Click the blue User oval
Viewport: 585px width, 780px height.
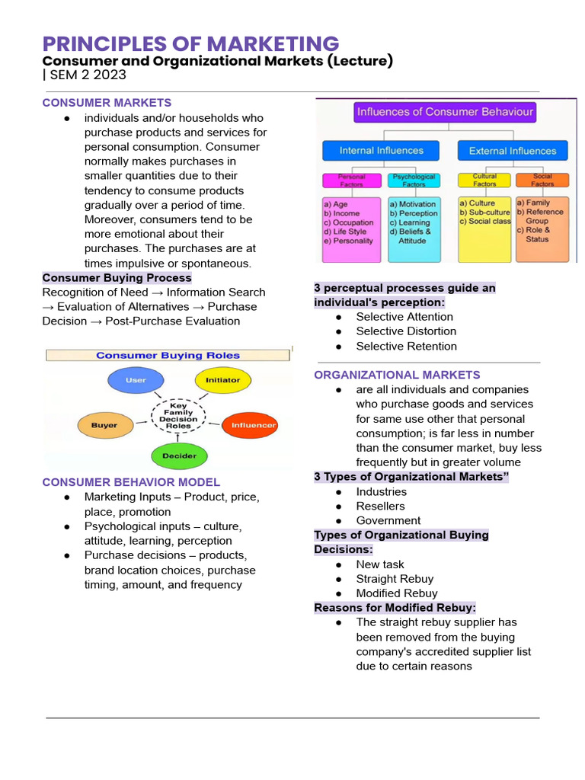click(136, 380)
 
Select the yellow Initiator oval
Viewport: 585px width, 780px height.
click(222, 380)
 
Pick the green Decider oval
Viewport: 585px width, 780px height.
click(179, 456)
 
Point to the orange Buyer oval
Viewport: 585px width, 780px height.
click(104, 425)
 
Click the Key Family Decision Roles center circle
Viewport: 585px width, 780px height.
click(178, 416)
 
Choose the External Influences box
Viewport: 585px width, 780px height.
click(512, 151)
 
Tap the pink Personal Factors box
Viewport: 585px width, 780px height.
click(351, 181)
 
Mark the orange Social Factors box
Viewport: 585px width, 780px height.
click(542, 181)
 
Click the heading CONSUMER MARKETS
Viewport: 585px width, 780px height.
click(107, 103)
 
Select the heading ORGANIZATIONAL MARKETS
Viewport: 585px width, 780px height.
click(397, 375)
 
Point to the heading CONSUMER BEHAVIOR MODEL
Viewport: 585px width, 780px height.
click(131, 482)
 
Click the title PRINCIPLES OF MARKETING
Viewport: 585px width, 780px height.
click(190, 43)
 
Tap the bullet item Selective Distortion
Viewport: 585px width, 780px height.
click(406, 331)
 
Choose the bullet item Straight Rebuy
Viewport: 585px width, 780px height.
click(395, 579)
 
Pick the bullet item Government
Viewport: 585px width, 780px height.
click(388, 521)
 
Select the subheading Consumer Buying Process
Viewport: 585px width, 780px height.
click(117, 278)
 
